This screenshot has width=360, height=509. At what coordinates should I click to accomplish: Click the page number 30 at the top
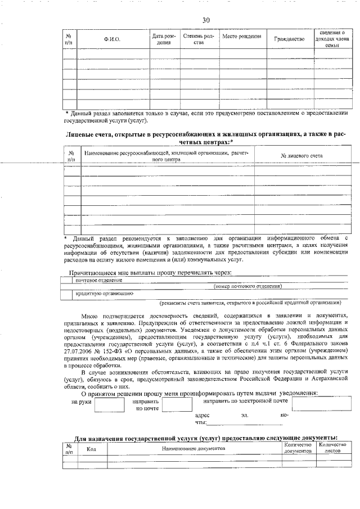pyautogui.click(x=206, y=20)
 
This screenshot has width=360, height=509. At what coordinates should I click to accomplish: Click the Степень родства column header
pyautogui.click(x=197, y=39)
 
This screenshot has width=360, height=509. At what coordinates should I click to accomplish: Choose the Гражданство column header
pyautogui.click(x=289, y=39)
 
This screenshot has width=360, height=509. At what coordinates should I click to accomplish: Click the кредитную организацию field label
pyautogui.click(x=103, y=293)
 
